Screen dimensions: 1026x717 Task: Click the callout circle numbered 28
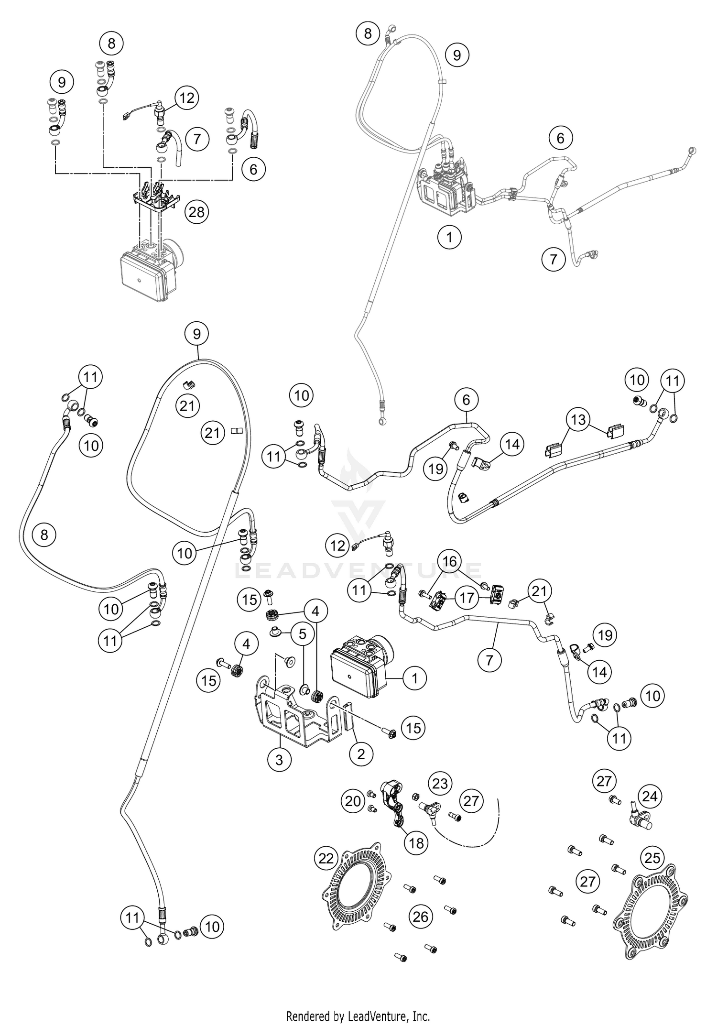point(196,211)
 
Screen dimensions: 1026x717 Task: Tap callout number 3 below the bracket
point(279,759)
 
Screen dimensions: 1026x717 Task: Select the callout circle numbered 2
point(360,754)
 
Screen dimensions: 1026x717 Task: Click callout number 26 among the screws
point(421,917)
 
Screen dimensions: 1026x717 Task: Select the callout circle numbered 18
point(416,842)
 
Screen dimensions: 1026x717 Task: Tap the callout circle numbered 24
point(650,796)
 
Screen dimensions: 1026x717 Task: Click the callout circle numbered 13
point(579,420)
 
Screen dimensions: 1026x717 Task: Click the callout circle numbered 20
point(353,801)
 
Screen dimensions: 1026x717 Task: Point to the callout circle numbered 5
point(302,634)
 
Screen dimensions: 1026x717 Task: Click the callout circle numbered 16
point(450,560)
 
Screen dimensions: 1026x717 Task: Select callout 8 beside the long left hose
point(44,534)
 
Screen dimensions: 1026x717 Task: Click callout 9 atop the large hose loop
point(197,333)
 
